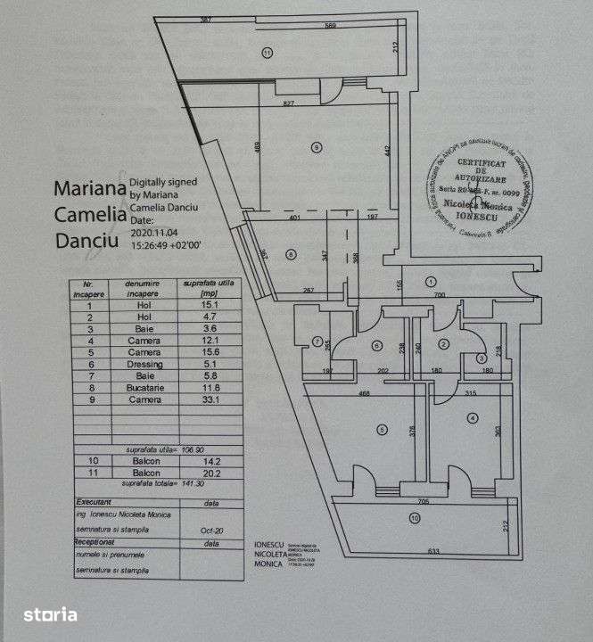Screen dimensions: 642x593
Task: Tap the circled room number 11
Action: pyautogui.click(x=267, y=53)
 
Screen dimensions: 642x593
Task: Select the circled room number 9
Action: pyautogui.click(x=317, y=147)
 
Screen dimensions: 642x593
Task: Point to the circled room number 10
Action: pyautogui.click(x=413, y=517)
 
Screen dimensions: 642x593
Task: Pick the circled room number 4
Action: pyautogui.click(x=471, y=417)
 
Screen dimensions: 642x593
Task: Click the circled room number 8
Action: pyautogui.click(x=291, y=254)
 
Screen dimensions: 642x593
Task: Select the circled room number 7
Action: pyautogui.click(x=317, y=342)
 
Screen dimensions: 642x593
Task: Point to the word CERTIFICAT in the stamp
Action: pyautogui.click(x=482, y=164)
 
